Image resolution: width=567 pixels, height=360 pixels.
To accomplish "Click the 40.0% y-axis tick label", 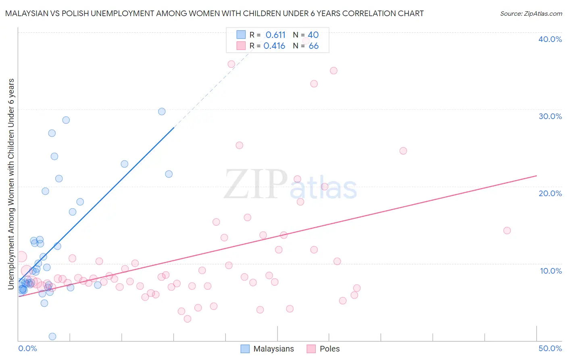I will click(x=550, y=39).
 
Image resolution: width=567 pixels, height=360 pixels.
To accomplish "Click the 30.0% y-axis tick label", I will click(x=550, y=116).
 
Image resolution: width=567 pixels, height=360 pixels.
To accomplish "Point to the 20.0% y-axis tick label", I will click(x=550, y=193).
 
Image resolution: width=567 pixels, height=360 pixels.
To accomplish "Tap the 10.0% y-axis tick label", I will click(x=551, y=271).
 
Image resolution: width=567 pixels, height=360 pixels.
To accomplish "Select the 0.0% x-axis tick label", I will click(x=27, y=348).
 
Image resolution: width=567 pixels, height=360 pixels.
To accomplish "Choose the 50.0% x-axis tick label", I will click(x=550, y=348).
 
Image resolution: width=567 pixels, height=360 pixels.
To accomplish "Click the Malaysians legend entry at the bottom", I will click(x=273, y=349).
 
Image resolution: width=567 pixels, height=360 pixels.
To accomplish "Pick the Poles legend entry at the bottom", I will click(x=329, y=349).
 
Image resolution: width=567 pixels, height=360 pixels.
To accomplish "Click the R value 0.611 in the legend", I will click(x=275, y=35).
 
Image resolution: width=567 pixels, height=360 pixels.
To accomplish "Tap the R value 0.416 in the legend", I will click(x=274, y=46).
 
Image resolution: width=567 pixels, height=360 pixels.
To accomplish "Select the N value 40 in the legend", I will click(x=313, y=35).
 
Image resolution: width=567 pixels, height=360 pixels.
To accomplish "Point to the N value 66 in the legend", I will click(x=313, y=46).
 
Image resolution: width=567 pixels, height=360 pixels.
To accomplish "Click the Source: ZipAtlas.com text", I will click(x=531, y=13).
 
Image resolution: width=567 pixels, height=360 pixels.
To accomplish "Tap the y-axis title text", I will click(x=11, y=184).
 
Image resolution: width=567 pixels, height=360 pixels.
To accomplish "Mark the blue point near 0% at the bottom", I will click(x=52, y=336).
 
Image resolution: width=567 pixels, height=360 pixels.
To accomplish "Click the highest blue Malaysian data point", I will click(x=162, y=111).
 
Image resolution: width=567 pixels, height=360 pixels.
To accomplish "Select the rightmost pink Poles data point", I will click(x=507, y=230).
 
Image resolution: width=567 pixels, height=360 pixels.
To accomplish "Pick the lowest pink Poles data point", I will click(x=188, y=319).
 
